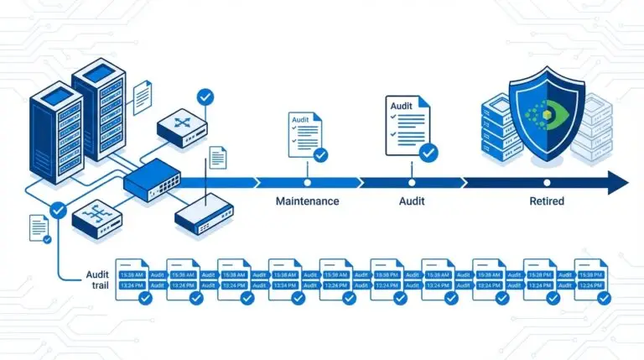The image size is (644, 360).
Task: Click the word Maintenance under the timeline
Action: [308, 201]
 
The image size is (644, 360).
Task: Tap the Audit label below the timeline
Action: [411, 201]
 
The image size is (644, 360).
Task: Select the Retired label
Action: [547, 201]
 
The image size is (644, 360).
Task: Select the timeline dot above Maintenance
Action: [308, 181]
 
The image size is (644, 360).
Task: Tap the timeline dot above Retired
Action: [547, 181]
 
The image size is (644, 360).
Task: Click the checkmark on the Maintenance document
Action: [320, 154]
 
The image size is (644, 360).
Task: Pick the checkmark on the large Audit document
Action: [428, 153]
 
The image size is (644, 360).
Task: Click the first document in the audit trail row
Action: [132, 279]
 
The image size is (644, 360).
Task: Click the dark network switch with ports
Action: [152, 180]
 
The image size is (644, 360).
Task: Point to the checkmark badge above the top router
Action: [204, 97]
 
